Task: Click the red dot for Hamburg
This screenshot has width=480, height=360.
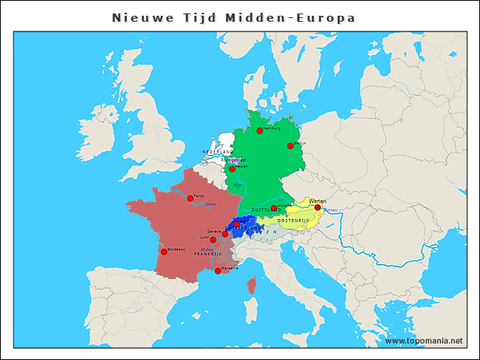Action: (259, 130)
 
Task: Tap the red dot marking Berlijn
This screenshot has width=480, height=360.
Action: (290, 145)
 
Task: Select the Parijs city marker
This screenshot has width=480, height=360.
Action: (190, 198)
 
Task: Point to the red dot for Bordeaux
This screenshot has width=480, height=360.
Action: (163, 251)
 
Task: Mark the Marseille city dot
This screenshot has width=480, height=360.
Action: (217, 271)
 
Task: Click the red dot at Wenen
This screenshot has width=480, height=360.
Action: (317, 207)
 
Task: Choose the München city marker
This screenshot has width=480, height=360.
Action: (274, 208)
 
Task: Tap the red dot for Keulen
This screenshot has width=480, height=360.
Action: (232, 169)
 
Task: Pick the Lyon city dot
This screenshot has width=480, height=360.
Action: (213, 240)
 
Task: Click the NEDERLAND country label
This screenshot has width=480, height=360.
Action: (218, 152)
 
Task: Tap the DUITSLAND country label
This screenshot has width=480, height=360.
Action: (265, 210)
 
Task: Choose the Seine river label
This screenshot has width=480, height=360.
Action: (211, 204)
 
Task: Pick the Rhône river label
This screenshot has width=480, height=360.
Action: (207, 249)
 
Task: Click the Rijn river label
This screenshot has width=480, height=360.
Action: (238, 184)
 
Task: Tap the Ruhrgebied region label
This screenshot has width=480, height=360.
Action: (232, 160)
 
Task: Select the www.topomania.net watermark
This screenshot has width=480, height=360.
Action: (424, 340)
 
